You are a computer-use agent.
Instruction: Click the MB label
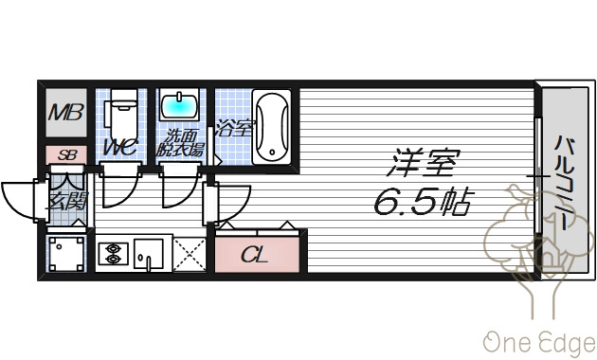pyautogui.click(x=66, y=116)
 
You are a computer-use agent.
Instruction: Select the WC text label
pyautogui.click(x=120, y=147)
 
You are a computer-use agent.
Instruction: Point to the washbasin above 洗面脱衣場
pyautogui.click(x=179, y=104)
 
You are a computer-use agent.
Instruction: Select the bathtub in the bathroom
pyautogui.click(x=273, y=125)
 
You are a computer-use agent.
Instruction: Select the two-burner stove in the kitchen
pyautogui.click(x=112, y=254)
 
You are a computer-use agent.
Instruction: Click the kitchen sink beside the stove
pyautogui.click(x=148, y=253)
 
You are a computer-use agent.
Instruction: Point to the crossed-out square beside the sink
pyautogui.click(x=189, y=253)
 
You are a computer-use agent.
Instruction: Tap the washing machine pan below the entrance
pyautogui.click(x=67, y=254)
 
